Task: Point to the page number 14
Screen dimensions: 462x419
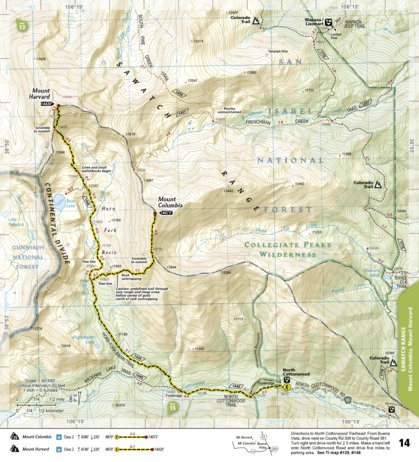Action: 404,441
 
